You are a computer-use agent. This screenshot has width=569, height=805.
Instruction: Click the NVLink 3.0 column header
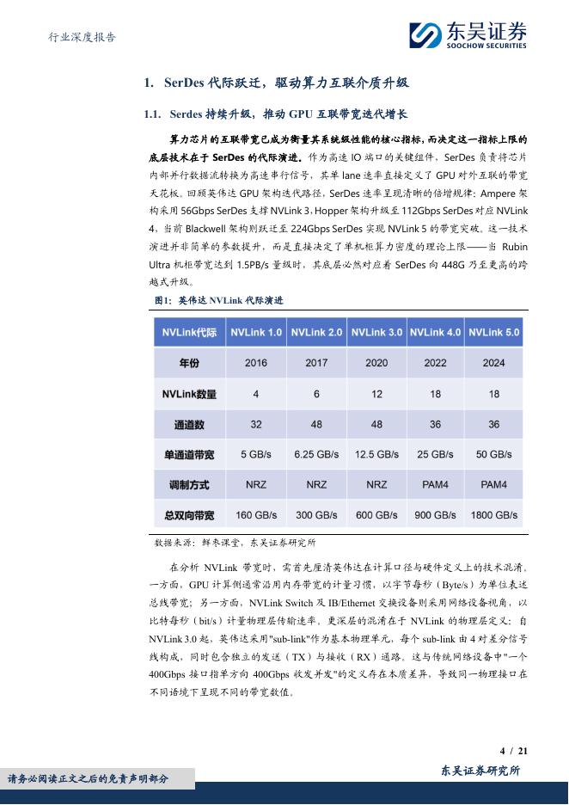coord(376,332)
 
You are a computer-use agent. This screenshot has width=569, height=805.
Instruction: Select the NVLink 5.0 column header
coord(494,332)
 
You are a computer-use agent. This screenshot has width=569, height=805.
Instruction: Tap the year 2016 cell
coord(256,363)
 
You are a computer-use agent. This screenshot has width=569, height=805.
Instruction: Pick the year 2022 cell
coord(436,363)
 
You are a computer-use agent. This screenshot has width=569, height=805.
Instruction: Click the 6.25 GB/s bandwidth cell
coord(316,454)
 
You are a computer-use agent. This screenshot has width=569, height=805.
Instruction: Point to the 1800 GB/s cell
coord(494,515)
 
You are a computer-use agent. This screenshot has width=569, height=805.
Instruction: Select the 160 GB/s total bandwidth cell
coord(256,515)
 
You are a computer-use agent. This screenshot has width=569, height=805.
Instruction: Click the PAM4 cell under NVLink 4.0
coord(436,485)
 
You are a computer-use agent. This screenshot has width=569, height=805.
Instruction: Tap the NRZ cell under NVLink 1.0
coord(256,485)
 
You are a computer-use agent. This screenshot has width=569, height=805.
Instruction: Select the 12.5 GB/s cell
coord(376,454)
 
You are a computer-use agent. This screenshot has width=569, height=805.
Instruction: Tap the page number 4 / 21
coord(513,751)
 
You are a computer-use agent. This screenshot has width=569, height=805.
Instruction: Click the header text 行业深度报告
coord(78,38)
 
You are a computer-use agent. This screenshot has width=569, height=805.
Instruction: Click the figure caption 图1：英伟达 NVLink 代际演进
coord(218,300)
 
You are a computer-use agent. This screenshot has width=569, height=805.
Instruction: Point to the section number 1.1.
coord(153,114)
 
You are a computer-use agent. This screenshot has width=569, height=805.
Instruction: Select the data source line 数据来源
coord(235,543)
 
